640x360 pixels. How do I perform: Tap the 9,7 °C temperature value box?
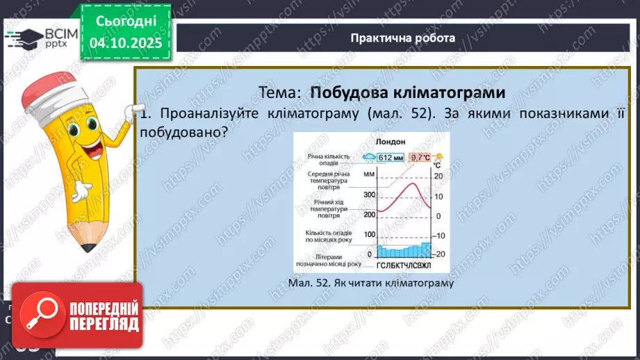tap(420, 157)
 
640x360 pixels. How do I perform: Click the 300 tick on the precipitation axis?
tap(368, 195)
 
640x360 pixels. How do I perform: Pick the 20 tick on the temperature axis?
tap(438, 177)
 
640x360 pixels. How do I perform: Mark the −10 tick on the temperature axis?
tap(438, 235)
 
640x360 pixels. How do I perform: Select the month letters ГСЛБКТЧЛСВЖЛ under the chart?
tap(404, 265)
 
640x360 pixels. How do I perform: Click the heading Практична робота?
tap(403, 38)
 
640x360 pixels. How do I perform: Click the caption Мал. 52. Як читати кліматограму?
tap(370, 283)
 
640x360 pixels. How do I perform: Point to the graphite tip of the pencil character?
tap(88, 247)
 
